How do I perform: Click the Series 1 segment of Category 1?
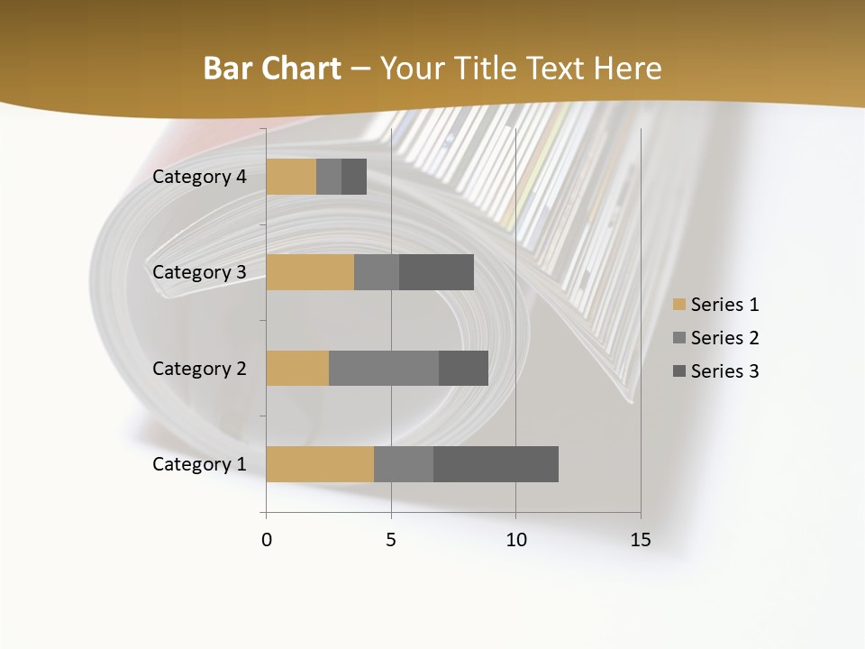click(320, 464)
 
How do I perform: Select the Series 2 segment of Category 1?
click(404, 464)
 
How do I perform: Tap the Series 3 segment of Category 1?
click(496, 464)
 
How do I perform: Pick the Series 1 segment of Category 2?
click(297, 368)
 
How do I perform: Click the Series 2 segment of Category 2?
click(384, 368)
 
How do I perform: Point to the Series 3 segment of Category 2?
click(463, 368)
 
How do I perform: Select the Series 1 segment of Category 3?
click(310, 272)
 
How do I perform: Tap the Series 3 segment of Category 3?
click(436, 272)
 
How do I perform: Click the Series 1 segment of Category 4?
click(291, 177)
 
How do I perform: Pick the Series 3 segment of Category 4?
click(354, 177)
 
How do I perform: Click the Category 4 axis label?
click(199, 177)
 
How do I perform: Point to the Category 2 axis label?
click(199, 369)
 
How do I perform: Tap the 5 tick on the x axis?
click(391, 540)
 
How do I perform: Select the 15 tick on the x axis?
click(641, 540)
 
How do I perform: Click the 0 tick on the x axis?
click(267, 540)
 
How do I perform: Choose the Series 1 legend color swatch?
click(678, 305)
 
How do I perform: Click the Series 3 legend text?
click(724, 371)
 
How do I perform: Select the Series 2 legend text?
click(724, 338)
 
